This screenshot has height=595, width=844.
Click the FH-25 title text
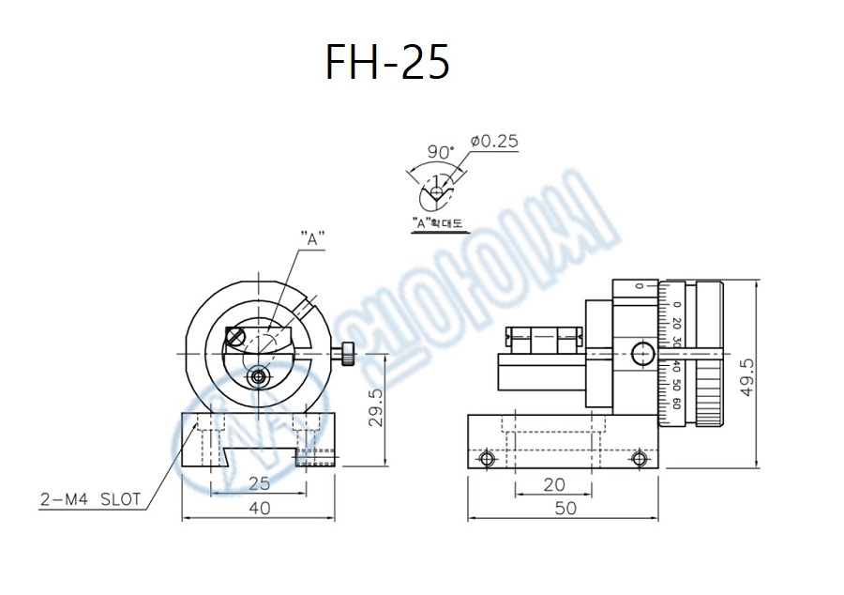(387, 62)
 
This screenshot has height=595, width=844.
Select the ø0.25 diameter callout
(493, 142)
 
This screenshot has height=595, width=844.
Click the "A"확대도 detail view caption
(443, 224)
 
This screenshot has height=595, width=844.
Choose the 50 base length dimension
(565, 508)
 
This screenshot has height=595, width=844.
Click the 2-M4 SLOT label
(91, 499)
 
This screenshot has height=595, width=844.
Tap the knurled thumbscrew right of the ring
(346, 354)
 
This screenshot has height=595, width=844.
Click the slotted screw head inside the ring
(236, 334)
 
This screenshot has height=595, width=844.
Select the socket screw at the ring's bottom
(257, 376)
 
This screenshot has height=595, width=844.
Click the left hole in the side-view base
(487, 458)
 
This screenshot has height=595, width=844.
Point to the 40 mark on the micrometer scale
(677, 370)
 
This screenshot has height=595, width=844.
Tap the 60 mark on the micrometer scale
(677, 404)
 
